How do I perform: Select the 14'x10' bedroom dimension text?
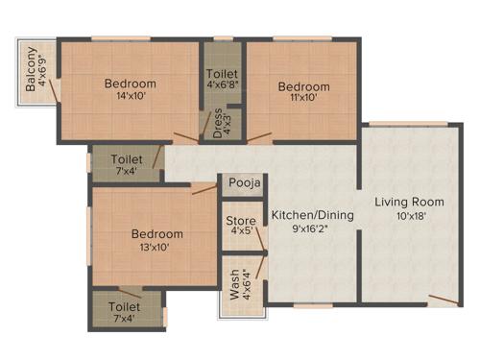[x=131, y=97]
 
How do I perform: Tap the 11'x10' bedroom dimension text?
[x=304, y=100]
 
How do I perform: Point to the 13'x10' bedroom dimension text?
[x=158, y=248]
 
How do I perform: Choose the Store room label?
[x=241, y=222]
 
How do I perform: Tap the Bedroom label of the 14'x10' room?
[x=131, y=84]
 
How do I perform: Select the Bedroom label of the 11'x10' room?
[x=304, y=86]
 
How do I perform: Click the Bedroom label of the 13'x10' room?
[x=157, y=234]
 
